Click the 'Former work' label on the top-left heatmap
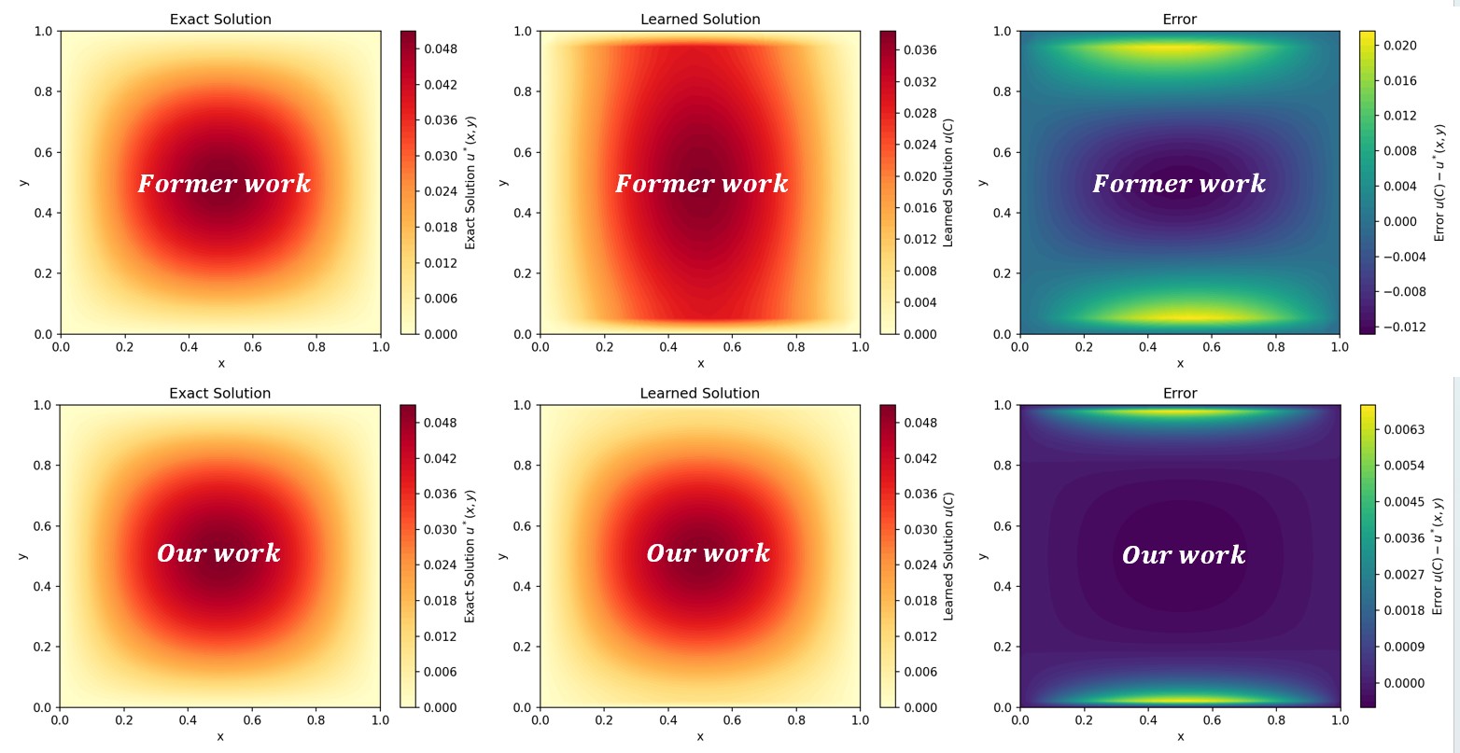pyautogui.click(x=224, y=184)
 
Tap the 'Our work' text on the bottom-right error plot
pyautogui.click(x=1184, y=555)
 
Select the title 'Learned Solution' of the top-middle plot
pyautogui.click(x=700, y=20)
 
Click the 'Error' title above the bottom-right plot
pyautogui.click(x=1180, y=394)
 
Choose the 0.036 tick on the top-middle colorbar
pyautogui.click(x=920, y=49)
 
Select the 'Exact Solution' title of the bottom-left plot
pyautogui.click(x=220, y=394)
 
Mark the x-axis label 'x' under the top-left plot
pyautogui.click(x=220, y=363)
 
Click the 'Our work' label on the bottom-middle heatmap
pyautogui.click(x=708, y=553)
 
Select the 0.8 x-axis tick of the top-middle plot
pyautogui.click(x=795, y=347)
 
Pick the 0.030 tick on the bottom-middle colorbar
pyautogui.click(x=920, y=529)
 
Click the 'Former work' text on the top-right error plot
pyautogui.click(x=1179, y=184)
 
